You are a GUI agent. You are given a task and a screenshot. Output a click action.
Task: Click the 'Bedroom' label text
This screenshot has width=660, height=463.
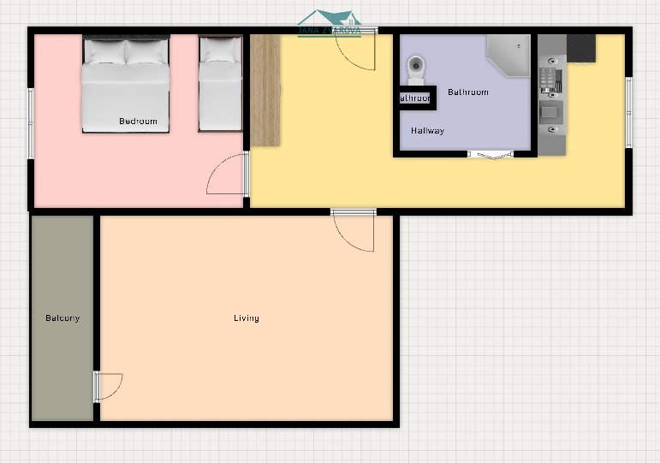pyautogui.click(x=138, y=122)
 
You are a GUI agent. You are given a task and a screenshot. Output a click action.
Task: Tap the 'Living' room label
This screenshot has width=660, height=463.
pyautogui.click(x=247, y=318)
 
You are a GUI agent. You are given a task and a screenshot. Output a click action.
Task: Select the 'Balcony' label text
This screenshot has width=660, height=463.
pyautogui.click(x=62, y=318)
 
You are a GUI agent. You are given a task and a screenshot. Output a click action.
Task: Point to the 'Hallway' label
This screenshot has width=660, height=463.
pyautogui.click(x=427, y=131)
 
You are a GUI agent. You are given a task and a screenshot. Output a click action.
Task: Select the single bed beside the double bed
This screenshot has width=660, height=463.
pyautogui.click(x=220, y=86)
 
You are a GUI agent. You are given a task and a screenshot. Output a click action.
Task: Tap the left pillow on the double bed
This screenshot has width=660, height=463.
pyautogui.click(x=104, y=52)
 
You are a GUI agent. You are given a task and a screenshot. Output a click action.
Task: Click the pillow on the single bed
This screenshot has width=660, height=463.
pyautogui.click(x=220, y=52)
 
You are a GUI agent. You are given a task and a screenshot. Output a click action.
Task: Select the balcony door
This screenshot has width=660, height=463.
pyautogui.click(x=108, y=386)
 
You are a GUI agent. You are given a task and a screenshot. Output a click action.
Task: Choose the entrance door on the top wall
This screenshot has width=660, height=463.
pyautogui.click(x=355, y=51)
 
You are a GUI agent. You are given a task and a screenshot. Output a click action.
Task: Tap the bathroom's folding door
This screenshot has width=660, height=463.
pyautogui.click(x=490, y=155)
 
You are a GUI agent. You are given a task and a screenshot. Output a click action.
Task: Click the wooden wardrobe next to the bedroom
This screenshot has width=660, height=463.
pyautogui.click(x=265, y=90)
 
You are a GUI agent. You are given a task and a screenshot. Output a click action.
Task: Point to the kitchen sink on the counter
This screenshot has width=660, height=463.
pyautogui.click(x=551, y=112)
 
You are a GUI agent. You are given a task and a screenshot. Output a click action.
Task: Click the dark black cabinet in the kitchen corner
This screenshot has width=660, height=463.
pyautogui.click(x=581, y=48)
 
